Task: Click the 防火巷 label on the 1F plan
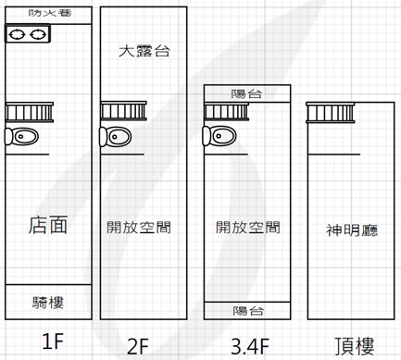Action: (x=50, y=13)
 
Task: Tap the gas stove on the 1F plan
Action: (x=28, y=34)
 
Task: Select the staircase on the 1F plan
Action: (x=30, y=112)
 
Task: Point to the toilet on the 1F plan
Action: (x=21, y=136)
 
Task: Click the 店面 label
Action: (x=48, y=225)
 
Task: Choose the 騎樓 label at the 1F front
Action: (x=48, y=303)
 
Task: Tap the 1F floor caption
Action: (x=53, y=341)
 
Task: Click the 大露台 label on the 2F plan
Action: (x=144, y=51)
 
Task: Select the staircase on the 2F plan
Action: (x=123, y=111)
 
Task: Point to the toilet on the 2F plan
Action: (x=116, y=136)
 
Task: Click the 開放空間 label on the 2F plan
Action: (x=139, y=228)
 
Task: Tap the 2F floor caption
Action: (x=138, y=346)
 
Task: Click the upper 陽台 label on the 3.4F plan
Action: (x=246, y=93)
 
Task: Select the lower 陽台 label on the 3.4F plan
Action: (x=248, y=311)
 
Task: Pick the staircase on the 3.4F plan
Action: (x=226, y=112)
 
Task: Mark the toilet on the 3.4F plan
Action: (x=219, y=135)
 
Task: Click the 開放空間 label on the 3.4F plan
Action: (x=248, y=228)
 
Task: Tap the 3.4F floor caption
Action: (x=250, y=346)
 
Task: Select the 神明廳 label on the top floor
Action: (x=352, y=230)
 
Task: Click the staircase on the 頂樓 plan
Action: (x=331, y=113)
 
